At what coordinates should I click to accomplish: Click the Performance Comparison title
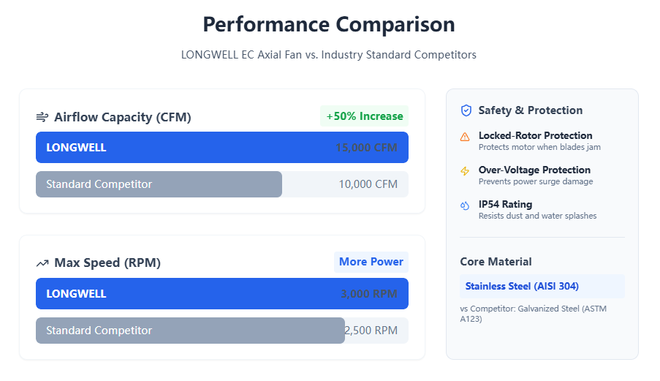329,24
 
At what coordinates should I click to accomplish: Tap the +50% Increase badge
364,116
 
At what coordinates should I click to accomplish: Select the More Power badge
371,262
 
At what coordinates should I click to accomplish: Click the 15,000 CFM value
366,148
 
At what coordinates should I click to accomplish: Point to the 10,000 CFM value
368,184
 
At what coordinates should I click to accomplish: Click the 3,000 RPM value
368,294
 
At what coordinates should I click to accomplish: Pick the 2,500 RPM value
371,331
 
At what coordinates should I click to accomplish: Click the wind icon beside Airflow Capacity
42,117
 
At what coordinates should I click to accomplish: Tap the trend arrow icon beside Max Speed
42,263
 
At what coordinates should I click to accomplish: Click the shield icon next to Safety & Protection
466,110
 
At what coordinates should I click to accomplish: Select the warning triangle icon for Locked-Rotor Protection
465,137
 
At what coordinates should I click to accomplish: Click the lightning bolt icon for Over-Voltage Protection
465,171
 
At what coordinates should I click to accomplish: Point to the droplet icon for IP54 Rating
465,205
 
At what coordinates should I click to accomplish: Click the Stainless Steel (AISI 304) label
522,286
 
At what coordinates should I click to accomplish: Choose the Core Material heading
496,262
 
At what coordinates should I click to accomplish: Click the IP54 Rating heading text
505,204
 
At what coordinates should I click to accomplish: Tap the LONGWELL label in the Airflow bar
76,148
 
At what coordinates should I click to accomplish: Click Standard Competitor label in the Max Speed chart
99,331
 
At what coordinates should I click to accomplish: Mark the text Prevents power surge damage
535,181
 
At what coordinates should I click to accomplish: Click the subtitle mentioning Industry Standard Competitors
329,55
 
